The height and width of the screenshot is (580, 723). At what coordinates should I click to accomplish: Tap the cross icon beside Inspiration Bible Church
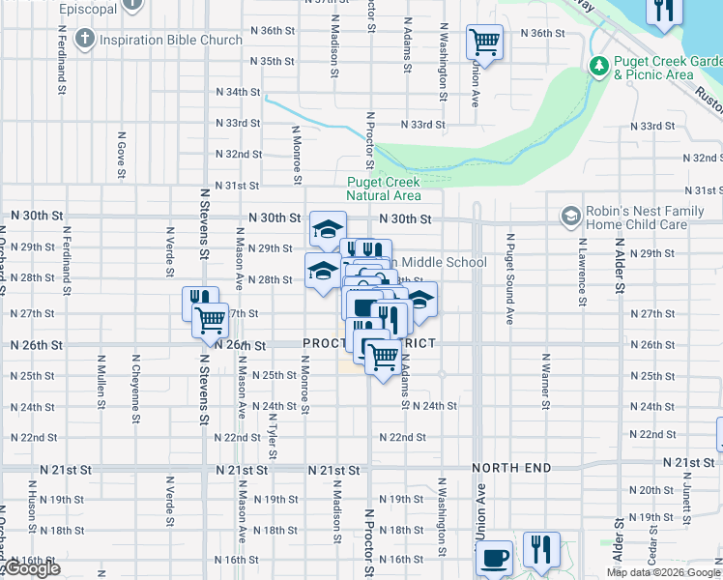pos(86,40)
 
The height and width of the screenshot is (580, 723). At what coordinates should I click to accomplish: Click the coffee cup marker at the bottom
pos(495,558)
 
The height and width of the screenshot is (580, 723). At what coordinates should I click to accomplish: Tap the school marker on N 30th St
pos(328,229)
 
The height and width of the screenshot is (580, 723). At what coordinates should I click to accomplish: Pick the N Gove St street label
pos(122,156)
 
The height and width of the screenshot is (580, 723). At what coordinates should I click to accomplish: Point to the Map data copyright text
pos(662,572)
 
